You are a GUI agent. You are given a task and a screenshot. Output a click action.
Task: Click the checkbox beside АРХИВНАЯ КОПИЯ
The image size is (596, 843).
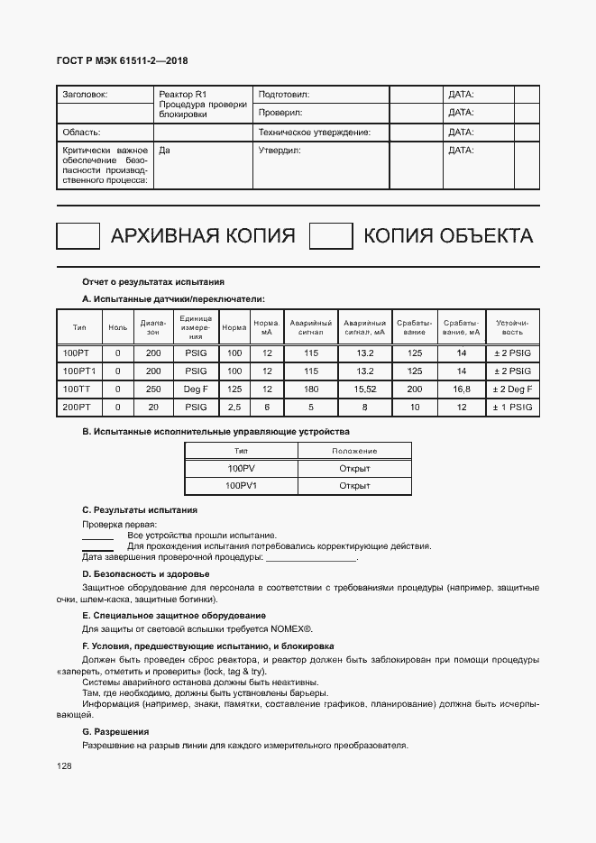tap(78, 236)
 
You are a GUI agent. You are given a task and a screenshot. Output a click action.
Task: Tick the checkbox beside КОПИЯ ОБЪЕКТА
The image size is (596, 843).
tap(330, 236)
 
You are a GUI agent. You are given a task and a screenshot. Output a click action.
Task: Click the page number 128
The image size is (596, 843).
tap(64, 766)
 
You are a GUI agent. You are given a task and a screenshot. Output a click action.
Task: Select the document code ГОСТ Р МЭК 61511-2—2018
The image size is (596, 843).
tap(123, 61)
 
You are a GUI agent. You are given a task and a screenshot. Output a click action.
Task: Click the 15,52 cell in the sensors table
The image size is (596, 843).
tap(365, 389)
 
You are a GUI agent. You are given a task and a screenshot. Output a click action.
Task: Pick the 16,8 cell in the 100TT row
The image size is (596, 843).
tap(462, 389)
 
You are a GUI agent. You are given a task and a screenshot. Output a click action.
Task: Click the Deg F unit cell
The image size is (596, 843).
tap(196, 389)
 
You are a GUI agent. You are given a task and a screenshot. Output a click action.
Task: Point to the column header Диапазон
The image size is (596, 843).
tap(153, 326)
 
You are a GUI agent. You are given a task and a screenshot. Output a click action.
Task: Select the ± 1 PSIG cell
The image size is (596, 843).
tap(513, 408)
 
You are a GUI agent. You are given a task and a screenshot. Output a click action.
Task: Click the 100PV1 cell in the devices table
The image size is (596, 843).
tap(242, 486)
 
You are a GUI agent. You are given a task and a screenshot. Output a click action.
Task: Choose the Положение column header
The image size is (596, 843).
tap(354, 451)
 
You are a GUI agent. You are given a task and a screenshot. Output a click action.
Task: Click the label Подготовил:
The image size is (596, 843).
tap(284, 94)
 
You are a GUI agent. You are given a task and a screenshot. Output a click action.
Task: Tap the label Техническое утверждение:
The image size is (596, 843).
tap(315, 132)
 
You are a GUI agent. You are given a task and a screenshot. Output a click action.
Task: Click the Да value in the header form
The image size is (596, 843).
tap(164, 151)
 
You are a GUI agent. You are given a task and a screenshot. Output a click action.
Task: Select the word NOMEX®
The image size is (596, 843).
tap(290, 628)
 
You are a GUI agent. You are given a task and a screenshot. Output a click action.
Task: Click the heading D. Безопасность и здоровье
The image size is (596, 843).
tap(145, 574)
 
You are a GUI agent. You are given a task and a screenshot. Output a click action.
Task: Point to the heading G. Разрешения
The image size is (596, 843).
tap(115, 731)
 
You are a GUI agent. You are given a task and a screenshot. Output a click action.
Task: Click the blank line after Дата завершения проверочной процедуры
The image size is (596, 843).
tap(311, 559)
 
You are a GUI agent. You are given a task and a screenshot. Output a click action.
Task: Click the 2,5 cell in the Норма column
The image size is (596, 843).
tap(234, 408)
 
